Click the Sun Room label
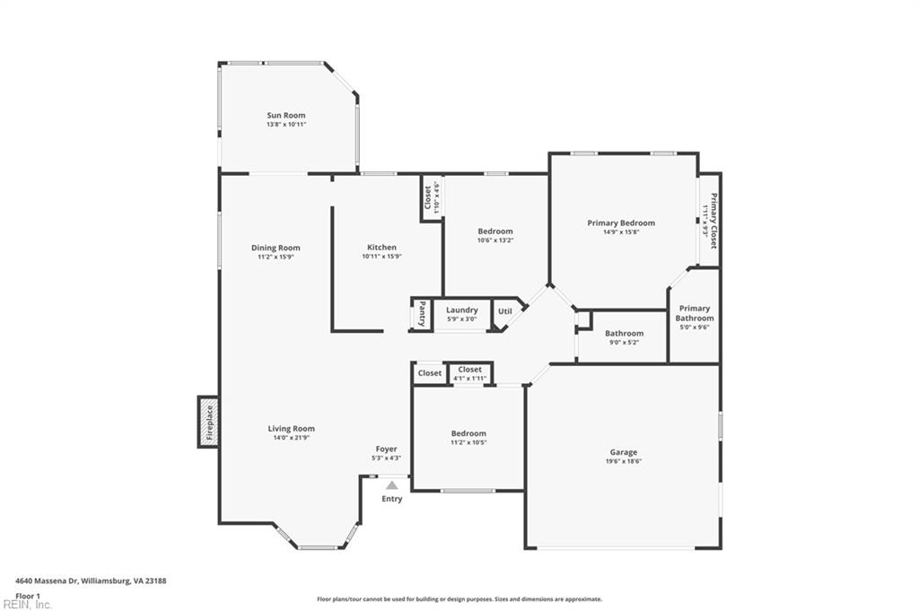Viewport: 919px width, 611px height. tap(285, 115)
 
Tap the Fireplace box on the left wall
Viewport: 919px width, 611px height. tap(208, 422)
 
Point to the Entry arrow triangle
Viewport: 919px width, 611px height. tap(391, 485)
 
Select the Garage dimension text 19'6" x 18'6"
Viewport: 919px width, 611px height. tap(624, 461)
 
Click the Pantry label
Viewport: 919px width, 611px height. tap(422, 314)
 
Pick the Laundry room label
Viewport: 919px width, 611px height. tap(462, 310)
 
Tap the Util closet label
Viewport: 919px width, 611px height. tap(505, 311)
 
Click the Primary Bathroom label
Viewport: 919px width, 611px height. tap(695, 313)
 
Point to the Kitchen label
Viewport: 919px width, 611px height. tap(381, 248)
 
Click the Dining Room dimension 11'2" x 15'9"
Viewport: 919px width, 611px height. tap(276, 257)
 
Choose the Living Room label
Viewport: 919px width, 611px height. tap(291, 429)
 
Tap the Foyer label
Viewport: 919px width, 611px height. tap(386, 449)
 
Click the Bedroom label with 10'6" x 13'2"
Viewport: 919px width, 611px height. tap(495, 231)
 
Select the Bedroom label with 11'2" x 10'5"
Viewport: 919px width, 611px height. tap(468, 433)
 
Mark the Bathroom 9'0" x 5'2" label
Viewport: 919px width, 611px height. tap(624, 334)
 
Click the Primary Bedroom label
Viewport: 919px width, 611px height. tap(621, 223)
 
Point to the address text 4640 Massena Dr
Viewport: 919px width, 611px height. tap(90, 580)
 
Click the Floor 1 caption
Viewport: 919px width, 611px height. tap(28, 595)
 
